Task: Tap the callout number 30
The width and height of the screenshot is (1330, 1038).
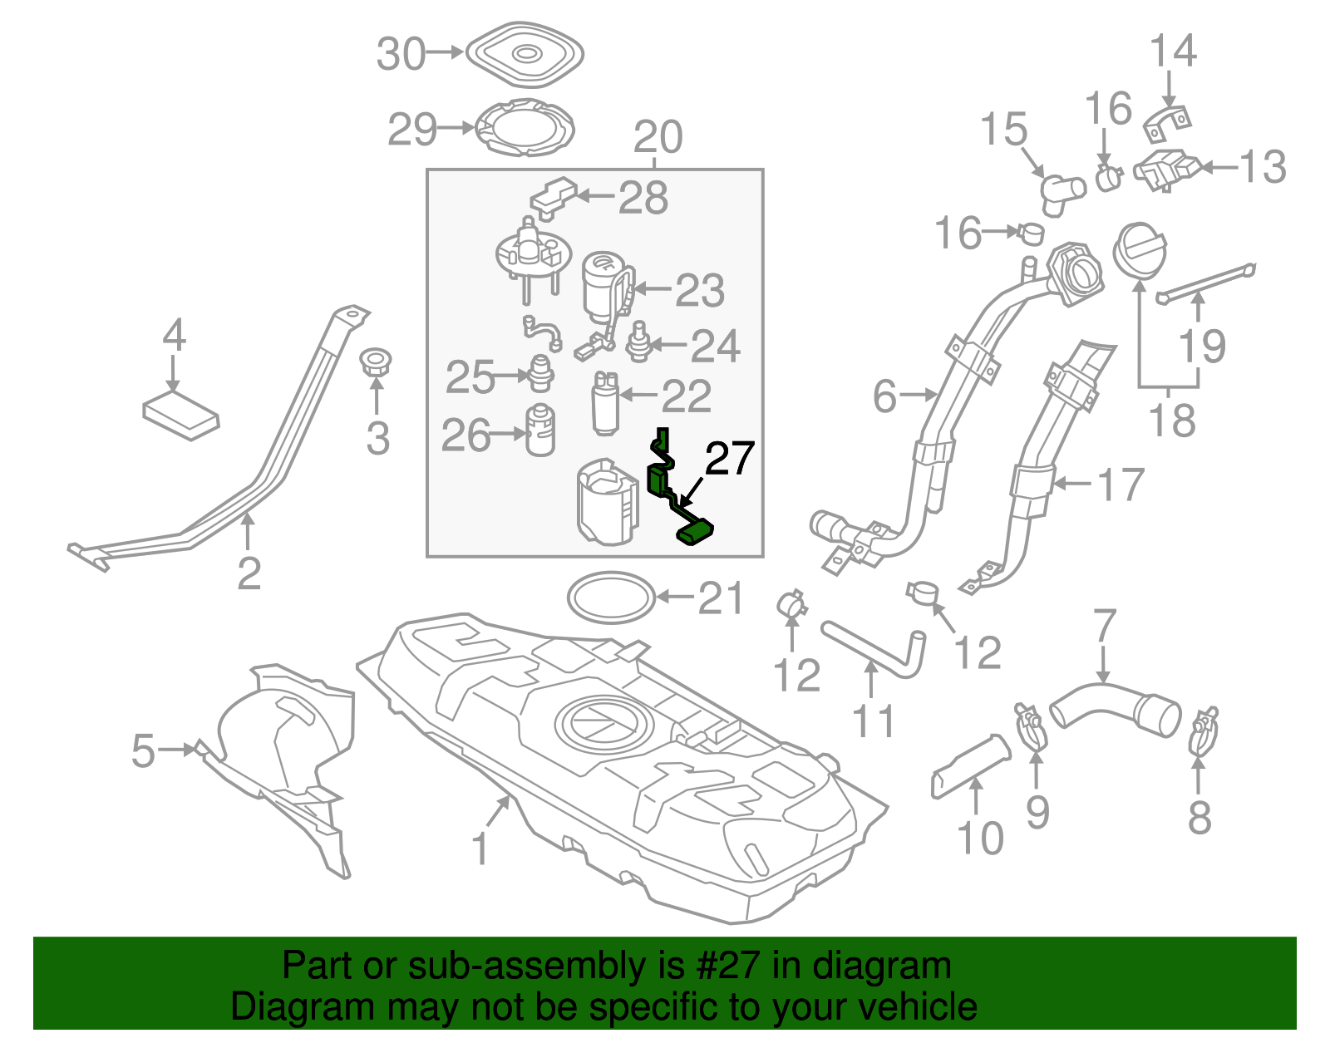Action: pyautogui.click(x=401, y=55)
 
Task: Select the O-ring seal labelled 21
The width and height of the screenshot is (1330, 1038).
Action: pyautogui.click(x=611, y=597)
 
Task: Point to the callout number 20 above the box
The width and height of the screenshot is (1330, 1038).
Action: pyautogui.click(x=658, y=137)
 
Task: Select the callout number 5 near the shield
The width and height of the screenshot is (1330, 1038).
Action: pyautogui.click(x=143, y=750)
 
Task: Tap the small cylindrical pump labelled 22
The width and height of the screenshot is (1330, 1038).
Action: pyautogui.click(x=605, y=402)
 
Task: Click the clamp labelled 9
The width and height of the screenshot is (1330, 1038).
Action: pyautogui.click(x=1031, y=726)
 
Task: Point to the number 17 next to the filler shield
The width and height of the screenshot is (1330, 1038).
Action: pyautogui.click(x=1121, y=485)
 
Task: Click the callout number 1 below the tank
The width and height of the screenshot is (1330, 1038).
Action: pyautogui.click(x=480, y=849)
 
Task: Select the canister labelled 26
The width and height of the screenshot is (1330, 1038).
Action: pyautogui.click(x=540, y=430)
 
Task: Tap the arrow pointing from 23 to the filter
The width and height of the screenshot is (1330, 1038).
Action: pyautogui.click(x=653, y=290)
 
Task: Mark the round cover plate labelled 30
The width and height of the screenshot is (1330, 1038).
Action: pyautogui.click(x=525, y=55)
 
